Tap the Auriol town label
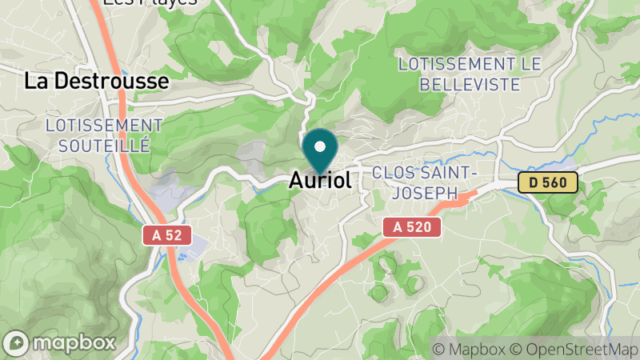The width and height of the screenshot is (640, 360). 320,182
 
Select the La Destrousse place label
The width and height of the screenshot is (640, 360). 97,81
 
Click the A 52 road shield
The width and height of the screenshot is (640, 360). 162,235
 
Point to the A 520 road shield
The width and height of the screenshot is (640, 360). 412,227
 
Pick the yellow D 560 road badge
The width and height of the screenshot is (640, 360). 547,182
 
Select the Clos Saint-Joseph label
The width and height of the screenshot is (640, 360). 425,182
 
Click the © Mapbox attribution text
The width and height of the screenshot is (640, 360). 468,349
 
